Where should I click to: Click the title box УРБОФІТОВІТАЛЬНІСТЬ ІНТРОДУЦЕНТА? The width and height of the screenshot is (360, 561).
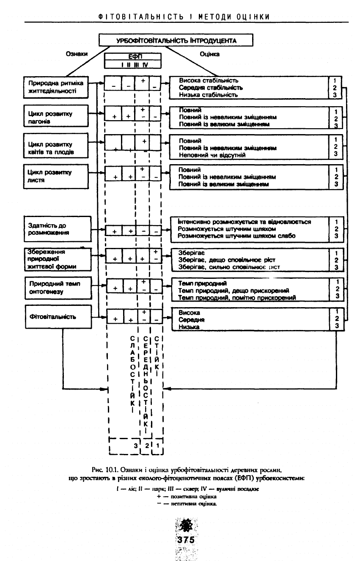(x=176, y=41)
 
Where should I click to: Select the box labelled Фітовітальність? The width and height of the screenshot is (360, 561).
(x=58, y=317)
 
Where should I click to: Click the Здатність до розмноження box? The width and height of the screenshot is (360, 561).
(x=58, y=229)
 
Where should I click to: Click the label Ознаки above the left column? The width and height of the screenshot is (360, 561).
(x=76, y=54)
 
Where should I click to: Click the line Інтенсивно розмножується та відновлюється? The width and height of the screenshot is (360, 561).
(x=245, y=222)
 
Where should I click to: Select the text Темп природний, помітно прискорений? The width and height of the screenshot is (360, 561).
(x=236, y=297)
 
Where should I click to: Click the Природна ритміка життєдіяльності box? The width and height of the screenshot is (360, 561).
(x=58, y=86)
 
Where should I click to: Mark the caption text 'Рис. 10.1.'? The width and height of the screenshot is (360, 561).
(x=104, y=470)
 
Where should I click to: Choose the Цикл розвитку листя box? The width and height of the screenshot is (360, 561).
(x=58, y=176)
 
